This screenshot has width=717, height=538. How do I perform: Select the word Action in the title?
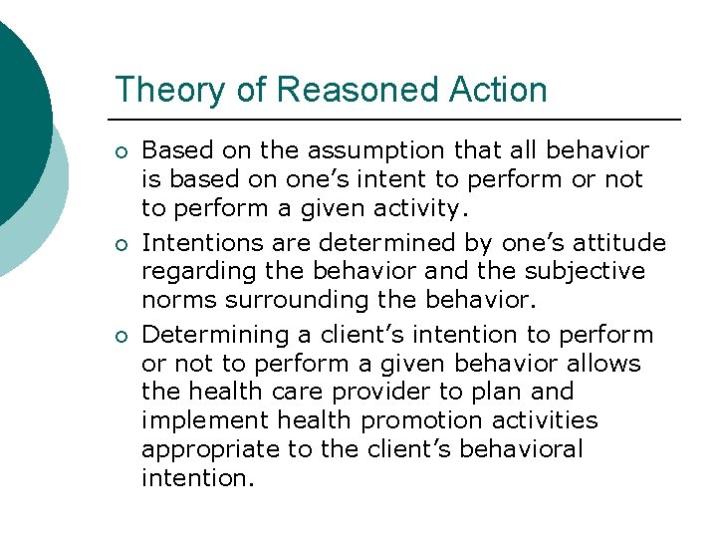(497, 90)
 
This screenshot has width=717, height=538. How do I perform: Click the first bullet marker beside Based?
(121, 152)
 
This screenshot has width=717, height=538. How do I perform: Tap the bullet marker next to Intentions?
(121, 244)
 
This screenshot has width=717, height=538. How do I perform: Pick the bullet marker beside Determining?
(121, 336)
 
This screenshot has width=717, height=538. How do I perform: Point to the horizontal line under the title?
(398, 120)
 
